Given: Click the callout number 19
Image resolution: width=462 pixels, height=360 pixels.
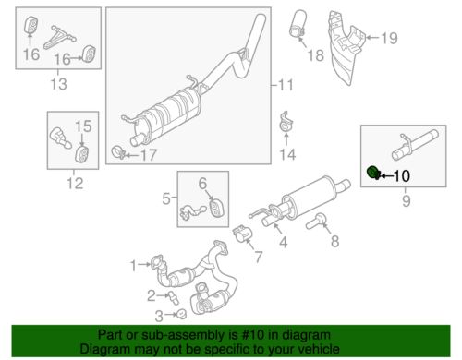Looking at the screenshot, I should tap(389, 38).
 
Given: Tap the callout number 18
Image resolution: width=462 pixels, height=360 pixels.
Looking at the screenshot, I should tap(315, 55).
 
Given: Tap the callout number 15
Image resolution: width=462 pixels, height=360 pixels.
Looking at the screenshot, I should tap(82, 126).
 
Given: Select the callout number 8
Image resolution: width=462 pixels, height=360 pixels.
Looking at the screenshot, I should tap(335, 241).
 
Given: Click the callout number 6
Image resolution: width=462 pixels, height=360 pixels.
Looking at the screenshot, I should tap(202, 182).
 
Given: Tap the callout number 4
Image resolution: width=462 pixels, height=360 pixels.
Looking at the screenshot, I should tap(284, 243).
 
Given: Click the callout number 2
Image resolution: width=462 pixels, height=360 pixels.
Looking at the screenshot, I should tap(149, 295).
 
